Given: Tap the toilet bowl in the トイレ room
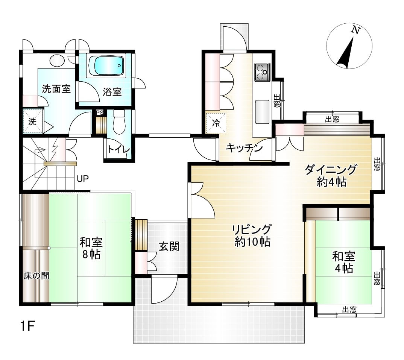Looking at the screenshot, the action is [119, 122].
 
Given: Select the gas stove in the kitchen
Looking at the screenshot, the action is [262, 72].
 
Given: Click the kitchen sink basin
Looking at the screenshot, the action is [262, 112].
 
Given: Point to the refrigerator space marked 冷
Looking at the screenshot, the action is [216, 123].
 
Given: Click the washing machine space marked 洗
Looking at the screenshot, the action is [32, 121].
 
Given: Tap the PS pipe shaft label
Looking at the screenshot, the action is [100, 112].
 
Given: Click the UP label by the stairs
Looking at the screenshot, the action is [83, 178].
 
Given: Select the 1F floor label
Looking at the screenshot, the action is [27, 327].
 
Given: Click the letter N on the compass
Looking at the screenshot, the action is [356, 30].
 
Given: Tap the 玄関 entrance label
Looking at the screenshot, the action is [169, 247].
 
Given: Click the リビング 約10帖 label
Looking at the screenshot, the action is [252, 235].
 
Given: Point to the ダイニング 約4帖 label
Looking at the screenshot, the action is [331, 176].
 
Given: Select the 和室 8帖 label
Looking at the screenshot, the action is [91, 248].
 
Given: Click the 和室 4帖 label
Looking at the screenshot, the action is [344, 262].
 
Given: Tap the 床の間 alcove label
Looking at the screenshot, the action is [36, 276].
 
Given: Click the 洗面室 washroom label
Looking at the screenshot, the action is [56, 89].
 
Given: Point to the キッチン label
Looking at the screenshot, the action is [244, 148].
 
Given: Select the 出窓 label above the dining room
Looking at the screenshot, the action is [332, 119].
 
